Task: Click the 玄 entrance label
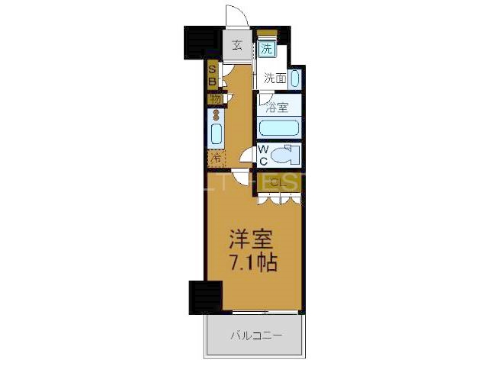[237, 44]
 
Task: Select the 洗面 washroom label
[274, 78]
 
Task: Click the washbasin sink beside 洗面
[294, 78]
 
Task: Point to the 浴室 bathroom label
[277, 108]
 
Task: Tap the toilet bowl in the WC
[287, 155]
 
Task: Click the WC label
[262, 155]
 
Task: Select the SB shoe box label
[212, 76]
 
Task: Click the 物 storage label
[214, 100]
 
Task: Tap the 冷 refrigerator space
[216, 159]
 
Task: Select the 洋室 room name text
[252, 239]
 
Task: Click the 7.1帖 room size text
[252, 263]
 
